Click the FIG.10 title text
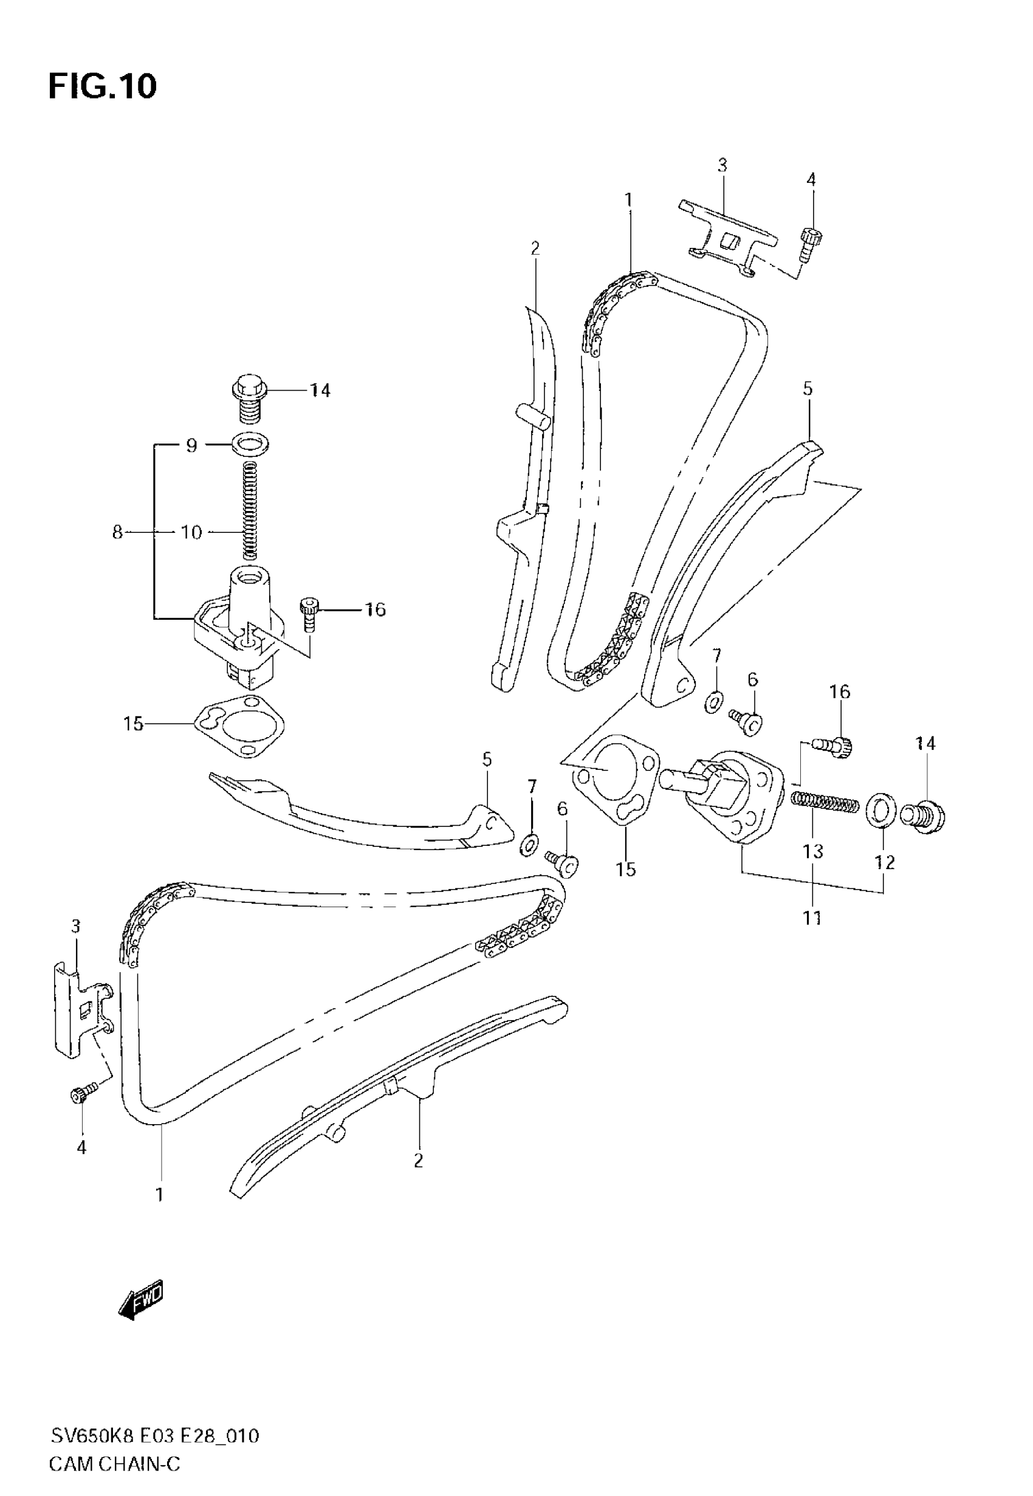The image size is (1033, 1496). point(102,86)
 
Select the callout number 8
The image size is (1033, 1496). point(117,532)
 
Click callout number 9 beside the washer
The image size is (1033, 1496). point(191,445)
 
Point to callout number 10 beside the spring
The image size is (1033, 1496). point(191,532)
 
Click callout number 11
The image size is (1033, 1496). point(812,917)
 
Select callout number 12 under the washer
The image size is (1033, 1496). point(885,862)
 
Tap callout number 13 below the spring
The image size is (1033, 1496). point(813,851)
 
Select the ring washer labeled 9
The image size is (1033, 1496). point(251,445)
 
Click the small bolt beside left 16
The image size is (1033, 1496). point(309,614)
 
